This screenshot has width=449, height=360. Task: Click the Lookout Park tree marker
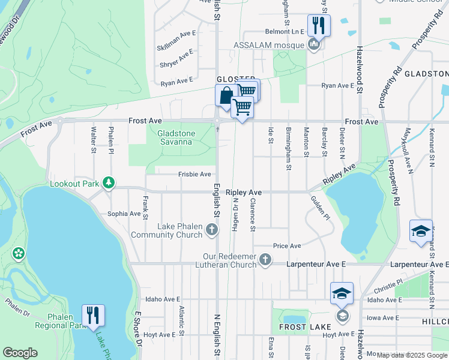108,182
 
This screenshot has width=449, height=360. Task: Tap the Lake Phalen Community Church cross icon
211,229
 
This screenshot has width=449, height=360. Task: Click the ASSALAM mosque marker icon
313,44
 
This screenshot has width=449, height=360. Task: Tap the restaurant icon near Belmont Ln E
318,26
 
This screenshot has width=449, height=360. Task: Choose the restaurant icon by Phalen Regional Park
93,315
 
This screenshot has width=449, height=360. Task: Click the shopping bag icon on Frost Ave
225,96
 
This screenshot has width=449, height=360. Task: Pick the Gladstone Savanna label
175,137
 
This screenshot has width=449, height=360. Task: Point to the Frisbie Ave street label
194,174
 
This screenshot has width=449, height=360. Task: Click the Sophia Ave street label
124,213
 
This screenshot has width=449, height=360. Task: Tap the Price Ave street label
287,246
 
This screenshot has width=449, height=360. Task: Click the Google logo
19,353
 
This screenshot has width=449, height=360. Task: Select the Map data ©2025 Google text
412,355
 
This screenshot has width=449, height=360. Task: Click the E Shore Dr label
138,329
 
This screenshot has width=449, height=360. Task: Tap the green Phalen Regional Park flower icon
19,253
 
